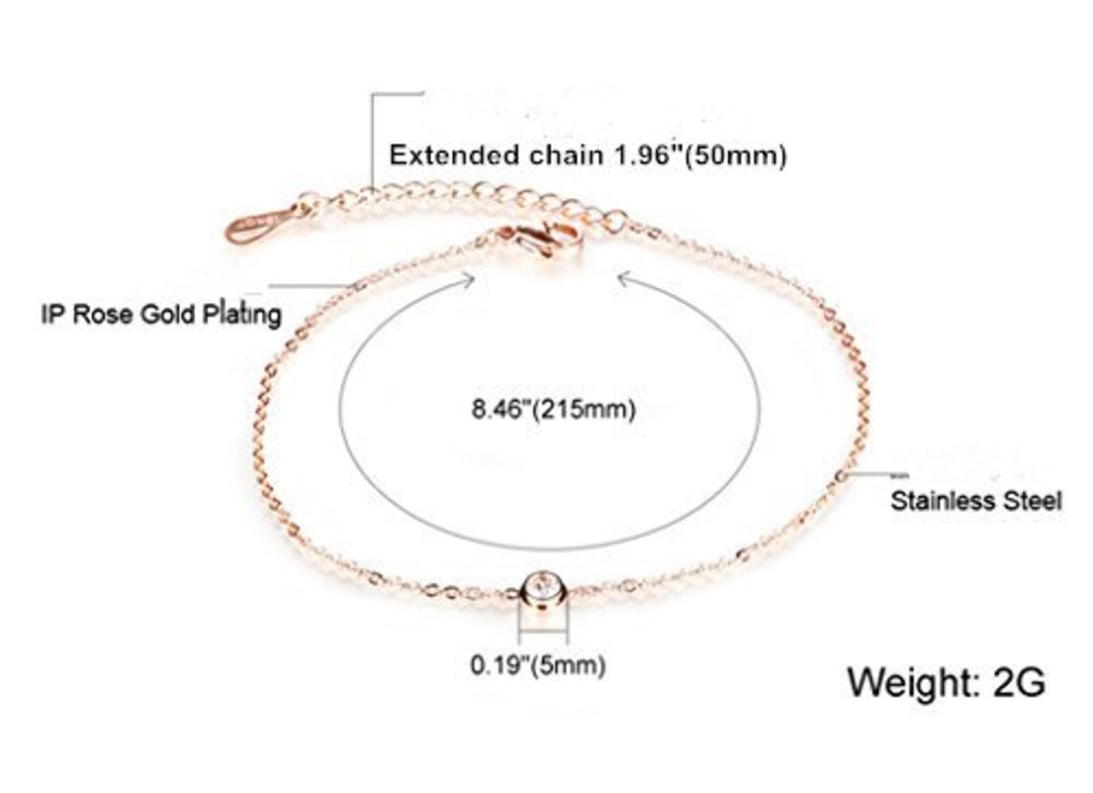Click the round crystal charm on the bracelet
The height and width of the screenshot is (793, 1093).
pyautogui.click(x=543, y=588)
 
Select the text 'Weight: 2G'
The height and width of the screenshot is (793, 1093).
pyautogui.click(x=946, y=682)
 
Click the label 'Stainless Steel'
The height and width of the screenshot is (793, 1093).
pyautogui.click(x=976, y=500)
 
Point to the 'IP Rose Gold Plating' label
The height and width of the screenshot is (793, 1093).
pyautogui.click(x=161, y=313)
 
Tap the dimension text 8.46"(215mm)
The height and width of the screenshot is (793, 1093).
pyautogui.click(x=554, y=409)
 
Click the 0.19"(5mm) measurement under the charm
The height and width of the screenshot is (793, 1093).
pyautogui.click(x=538, y=665)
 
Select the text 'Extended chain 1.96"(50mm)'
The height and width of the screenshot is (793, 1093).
pyautogui.click(x=587, y=155)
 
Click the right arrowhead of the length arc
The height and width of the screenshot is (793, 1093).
pyautogui.click(x=623, y=277)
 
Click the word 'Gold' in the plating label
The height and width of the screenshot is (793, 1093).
pyautogui.click(x=172, y=313)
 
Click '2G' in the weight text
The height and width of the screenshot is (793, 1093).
pyautogui.click(x=1020, y=682)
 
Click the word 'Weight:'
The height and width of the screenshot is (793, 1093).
pyautogui.click(x=909, y=682)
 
